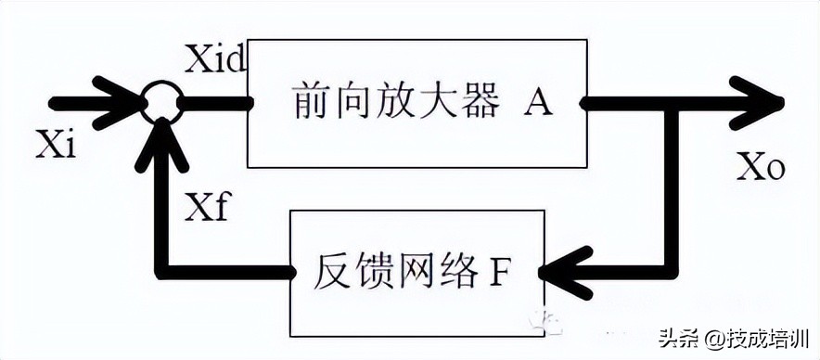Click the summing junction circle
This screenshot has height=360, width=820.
point(163,101)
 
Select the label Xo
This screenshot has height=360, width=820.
point(761,167)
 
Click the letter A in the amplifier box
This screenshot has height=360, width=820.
point(537,103)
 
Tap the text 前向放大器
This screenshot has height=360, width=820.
point(394,102)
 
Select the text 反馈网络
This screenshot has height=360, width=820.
point(399,272)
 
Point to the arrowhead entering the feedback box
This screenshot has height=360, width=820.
point(561,273)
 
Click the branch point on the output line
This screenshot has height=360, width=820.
point(677,103)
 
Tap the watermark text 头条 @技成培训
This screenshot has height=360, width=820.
point(735,338)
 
